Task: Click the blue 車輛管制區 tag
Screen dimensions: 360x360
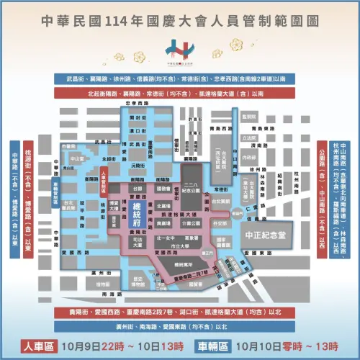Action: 56,190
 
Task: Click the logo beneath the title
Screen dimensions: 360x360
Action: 179,49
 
